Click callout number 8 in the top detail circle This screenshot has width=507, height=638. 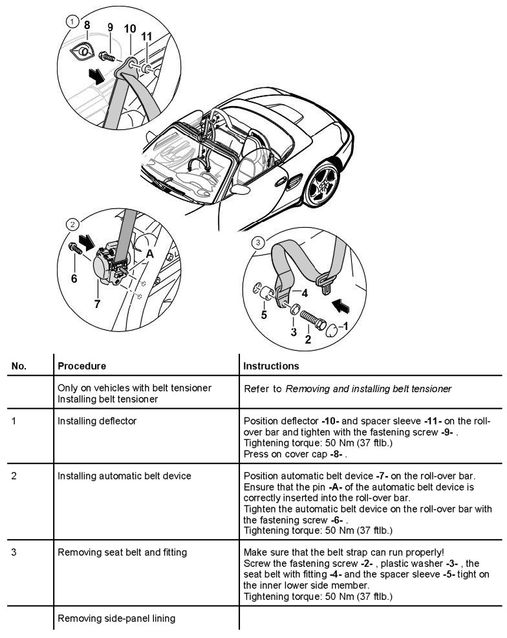tap(87, 25)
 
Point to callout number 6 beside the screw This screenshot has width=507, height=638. tap(74, 278)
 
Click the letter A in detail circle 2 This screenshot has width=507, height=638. tap(150, 254)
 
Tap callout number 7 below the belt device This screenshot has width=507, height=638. tap(97, 304)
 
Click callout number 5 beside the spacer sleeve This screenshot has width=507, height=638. tap(263, 315)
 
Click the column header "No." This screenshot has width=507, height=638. tap(19, 366)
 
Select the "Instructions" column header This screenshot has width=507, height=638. tap(271, 366)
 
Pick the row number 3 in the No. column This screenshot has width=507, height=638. tap(15, 553)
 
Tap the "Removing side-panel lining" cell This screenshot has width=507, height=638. tap(116, 619)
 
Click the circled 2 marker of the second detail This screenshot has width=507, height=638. tap(72, 225)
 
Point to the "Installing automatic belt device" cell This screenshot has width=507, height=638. tap(124, 476)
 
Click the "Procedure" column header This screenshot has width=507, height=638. tap(81, 366)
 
